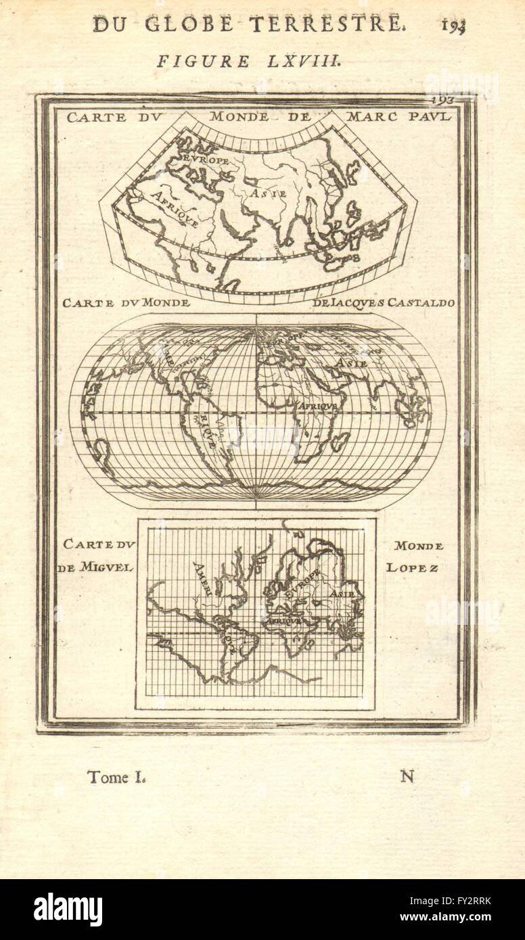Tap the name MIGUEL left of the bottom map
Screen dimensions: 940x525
pos(108,567)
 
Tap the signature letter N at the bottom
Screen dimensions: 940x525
pos(407,776)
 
